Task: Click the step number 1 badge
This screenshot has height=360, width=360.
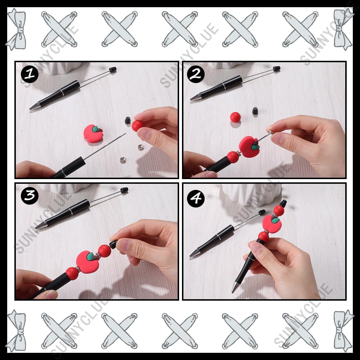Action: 29,74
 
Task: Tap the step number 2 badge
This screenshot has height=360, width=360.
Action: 196,74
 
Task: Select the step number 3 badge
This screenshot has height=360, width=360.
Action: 29,196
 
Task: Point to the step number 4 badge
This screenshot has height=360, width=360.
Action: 196,198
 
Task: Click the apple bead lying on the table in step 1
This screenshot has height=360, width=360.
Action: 93,134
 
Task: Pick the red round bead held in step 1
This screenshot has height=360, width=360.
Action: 137,126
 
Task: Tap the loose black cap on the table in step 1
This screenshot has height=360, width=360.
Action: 128,120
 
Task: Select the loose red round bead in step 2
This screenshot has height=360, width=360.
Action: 235,117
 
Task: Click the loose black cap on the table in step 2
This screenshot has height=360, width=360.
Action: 255,111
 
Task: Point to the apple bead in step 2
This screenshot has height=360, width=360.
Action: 249,147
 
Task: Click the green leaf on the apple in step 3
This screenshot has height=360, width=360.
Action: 91,256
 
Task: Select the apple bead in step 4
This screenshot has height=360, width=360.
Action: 272,222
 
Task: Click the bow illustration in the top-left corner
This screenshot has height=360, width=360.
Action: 16,29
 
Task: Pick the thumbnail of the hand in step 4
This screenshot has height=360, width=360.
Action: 255,247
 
